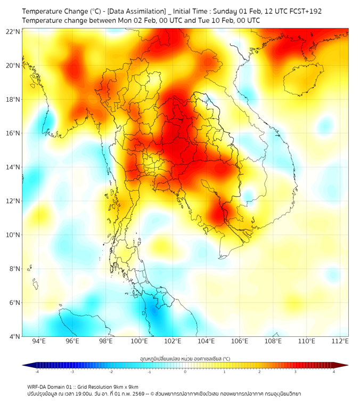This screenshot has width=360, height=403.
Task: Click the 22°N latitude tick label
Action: [x=13, y=31]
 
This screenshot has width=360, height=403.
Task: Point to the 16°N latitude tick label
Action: [x=13, y=133]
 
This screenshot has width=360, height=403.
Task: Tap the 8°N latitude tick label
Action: [x=14, y=269]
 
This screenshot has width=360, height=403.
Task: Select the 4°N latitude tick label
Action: [x=14, y=336]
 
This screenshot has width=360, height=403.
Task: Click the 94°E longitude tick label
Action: [x=39, y=341]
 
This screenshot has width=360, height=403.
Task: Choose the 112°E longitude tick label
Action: [x=340, y=341]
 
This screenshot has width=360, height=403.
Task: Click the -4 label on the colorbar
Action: [x=37, y=372]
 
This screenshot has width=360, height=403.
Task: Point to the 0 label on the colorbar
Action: [x=185, y=372]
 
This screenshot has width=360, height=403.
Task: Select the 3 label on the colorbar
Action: [x=296, y=372]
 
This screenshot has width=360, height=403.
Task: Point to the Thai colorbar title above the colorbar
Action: [x=185, y=359]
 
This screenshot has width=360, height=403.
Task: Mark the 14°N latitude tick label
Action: [x=13, y=167]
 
